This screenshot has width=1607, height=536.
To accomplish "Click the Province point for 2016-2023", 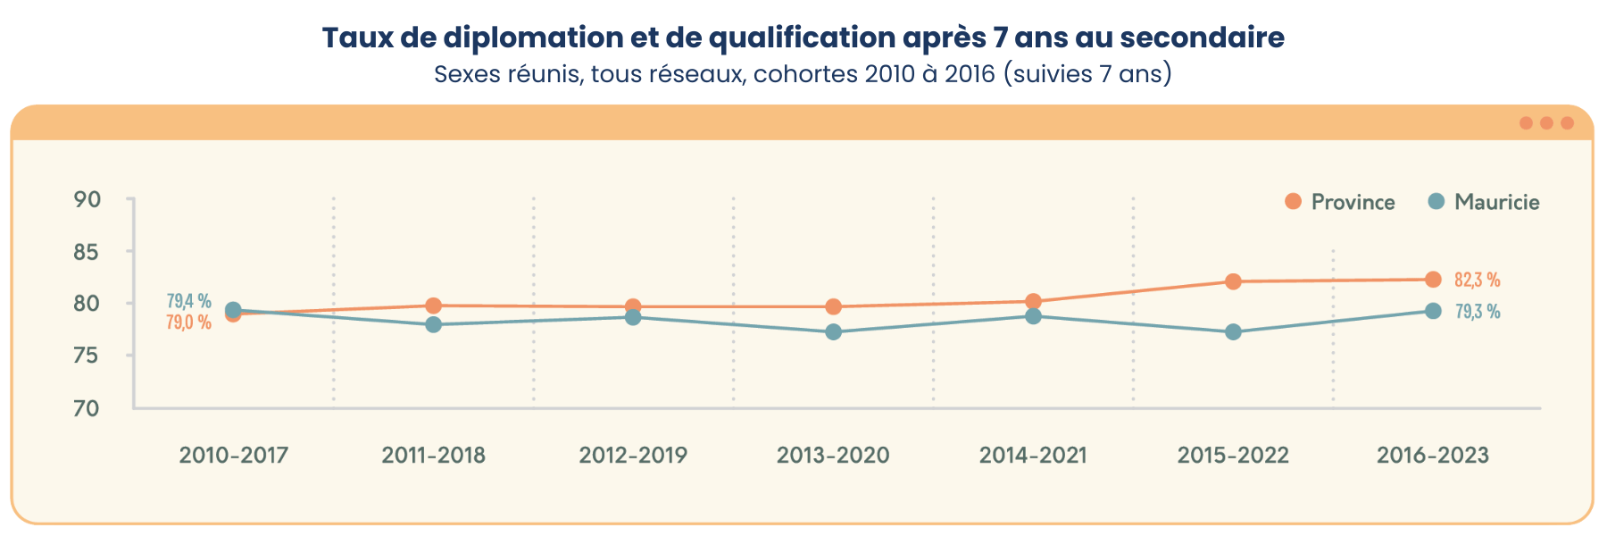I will pyautogui.click(x=1433, y=280).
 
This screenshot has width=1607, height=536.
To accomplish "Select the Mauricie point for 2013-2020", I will pyautogui.click(x=833, y=332).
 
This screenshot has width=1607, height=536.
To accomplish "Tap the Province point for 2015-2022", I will pyautogui.click(x=1233, y=281).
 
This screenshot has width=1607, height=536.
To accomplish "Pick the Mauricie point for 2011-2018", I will pyautogui.click(x=433, y=324).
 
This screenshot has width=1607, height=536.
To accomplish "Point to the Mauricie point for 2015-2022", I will pyautogui.click(x=1233, y=332).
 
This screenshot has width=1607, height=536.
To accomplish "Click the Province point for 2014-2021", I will pyautogui.click(x=1033, y=301).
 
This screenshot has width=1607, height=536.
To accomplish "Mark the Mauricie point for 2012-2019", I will pyautogui.click(x=633, y=317).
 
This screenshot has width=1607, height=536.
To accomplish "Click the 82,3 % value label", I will pyautogui.click(x=1477, y=281).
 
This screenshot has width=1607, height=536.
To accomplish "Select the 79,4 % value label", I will pyautogui.click(x=188, y=301).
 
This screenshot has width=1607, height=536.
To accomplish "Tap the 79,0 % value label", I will pyautogui.click(x=188, y=322).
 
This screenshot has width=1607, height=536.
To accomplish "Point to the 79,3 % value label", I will pyautogui.click(x=1478, y=312).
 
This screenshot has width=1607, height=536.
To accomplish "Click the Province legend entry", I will pyautogui.click(x=1340, y=202).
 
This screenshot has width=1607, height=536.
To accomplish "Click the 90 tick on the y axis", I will pyautogui.click(x=87, y=199).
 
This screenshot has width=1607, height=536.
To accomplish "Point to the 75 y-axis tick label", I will pyautogui.click(x=87, y=356).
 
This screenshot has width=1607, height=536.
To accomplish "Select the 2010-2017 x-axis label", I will pyautogui.click(x=234, y=456).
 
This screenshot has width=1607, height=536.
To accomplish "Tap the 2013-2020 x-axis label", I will pyautogui.click(x=833, y=456).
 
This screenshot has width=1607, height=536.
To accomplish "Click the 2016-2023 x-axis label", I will pyautogui.click(x=1433, y=456).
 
